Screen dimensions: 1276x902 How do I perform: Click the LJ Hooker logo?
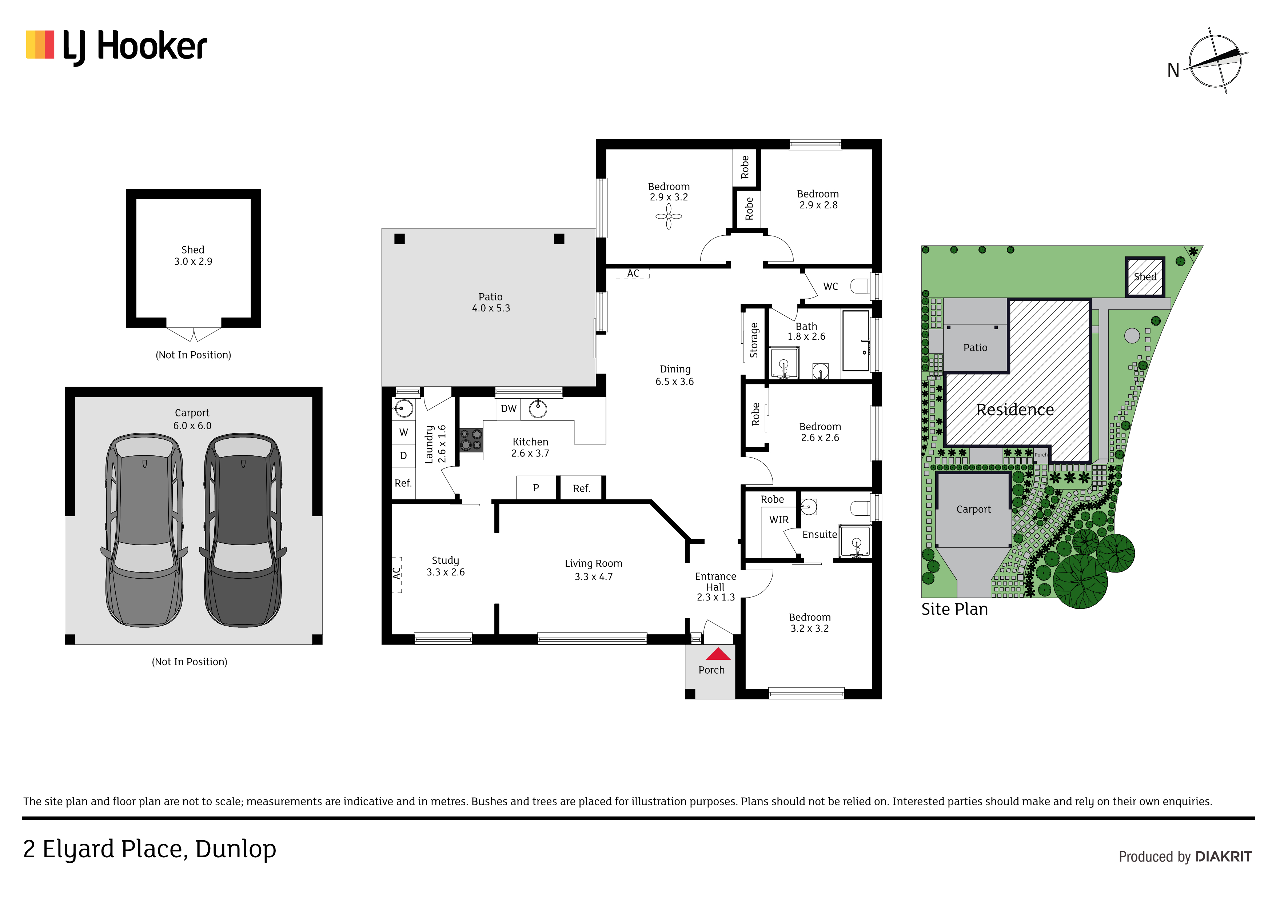pyautogui.click(x=117, y=47)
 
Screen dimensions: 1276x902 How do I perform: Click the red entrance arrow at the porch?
pyautogui.click(x=718, y=654)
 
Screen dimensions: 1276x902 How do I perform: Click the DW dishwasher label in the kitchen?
pyautogui.click(x=509, y=408)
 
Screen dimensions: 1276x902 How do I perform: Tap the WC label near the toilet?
pyautogui.click(x=830, y=286)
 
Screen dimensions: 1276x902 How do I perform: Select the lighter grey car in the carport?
pyautogui.click(x=144, y=530)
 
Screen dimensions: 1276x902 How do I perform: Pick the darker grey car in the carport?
pyautogui.click(x=243, y=530)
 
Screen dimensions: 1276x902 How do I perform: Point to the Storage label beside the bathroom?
pyautogui.click(x=754, y=340)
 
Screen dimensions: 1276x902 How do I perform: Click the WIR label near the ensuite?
pyautogui.click(x=779, y=520)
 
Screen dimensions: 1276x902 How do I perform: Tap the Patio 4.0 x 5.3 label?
pyautogui.click(x=491, y=302)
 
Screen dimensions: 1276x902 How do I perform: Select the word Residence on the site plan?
pyautogui.click(x=1015, y=410)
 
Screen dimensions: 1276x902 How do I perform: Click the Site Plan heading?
pyautogui.click(x=954, y=609)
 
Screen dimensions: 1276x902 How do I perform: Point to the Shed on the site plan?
pyautogui.click(x=1145, y=277)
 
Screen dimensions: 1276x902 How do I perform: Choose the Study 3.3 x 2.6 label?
pyautogui.click(x=446, y=566)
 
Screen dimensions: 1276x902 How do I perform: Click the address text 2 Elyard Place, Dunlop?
pyautogui.click(x=149, y=850)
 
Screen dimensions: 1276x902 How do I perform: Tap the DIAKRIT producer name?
pyautogui.click(x=1223, y=857)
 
